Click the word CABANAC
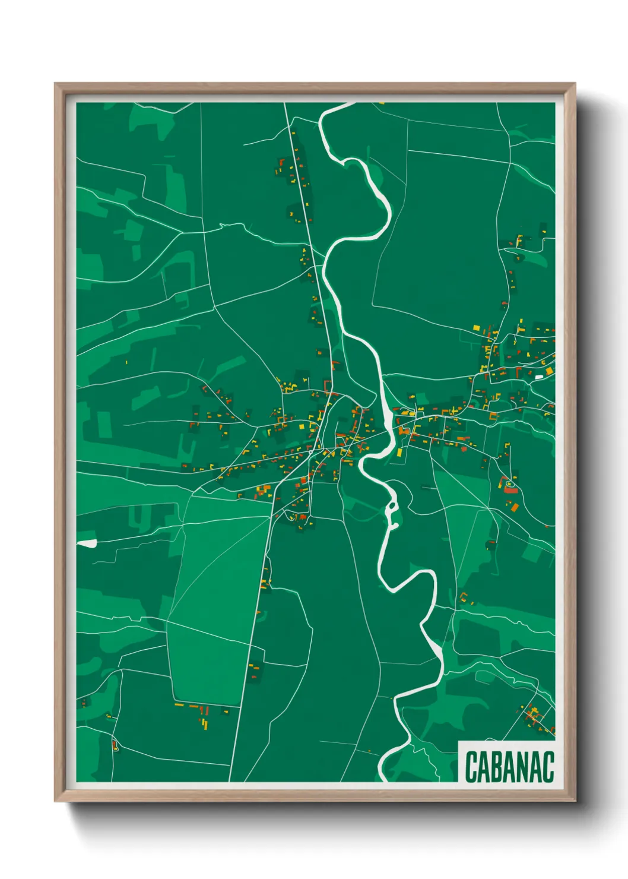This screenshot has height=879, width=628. [x=509, y=766]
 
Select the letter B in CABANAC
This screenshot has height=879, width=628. [x=497, y=766]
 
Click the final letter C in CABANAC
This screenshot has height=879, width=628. [x=548, y=766]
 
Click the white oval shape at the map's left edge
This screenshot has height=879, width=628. [x=87, y=543]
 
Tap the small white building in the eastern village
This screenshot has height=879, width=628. [x=539, y=376]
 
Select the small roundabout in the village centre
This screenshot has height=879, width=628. [x=310, y=453]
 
